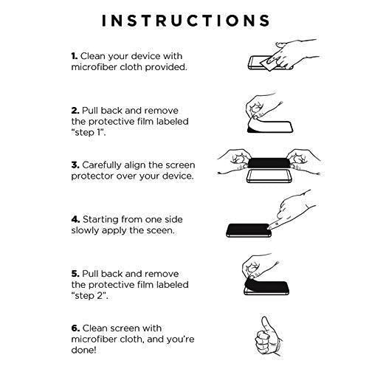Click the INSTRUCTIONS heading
[x=186, y=20]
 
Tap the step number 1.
[x=75, y=56]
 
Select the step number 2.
[x=75, y=111]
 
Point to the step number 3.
[x=75, y=165]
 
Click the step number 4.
[x=75, y=219]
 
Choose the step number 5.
[x=75, y=274]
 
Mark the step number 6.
[x=75, y=328]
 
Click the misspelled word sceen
[x=160, y=231]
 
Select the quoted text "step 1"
[x=89, y=133]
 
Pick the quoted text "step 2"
[x=89, y=296]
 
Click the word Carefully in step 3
[x=102, y=165]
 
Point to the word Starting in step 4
[x=100, y=220]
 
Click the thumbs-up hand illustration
[x=268, y=337]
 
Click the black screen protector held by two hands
[x=269, y=163]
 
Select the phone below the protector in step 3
[x=269, y=176]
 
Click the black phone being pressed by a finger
[x=249, y=230]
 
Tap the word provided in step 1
[x=166, y=67]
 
